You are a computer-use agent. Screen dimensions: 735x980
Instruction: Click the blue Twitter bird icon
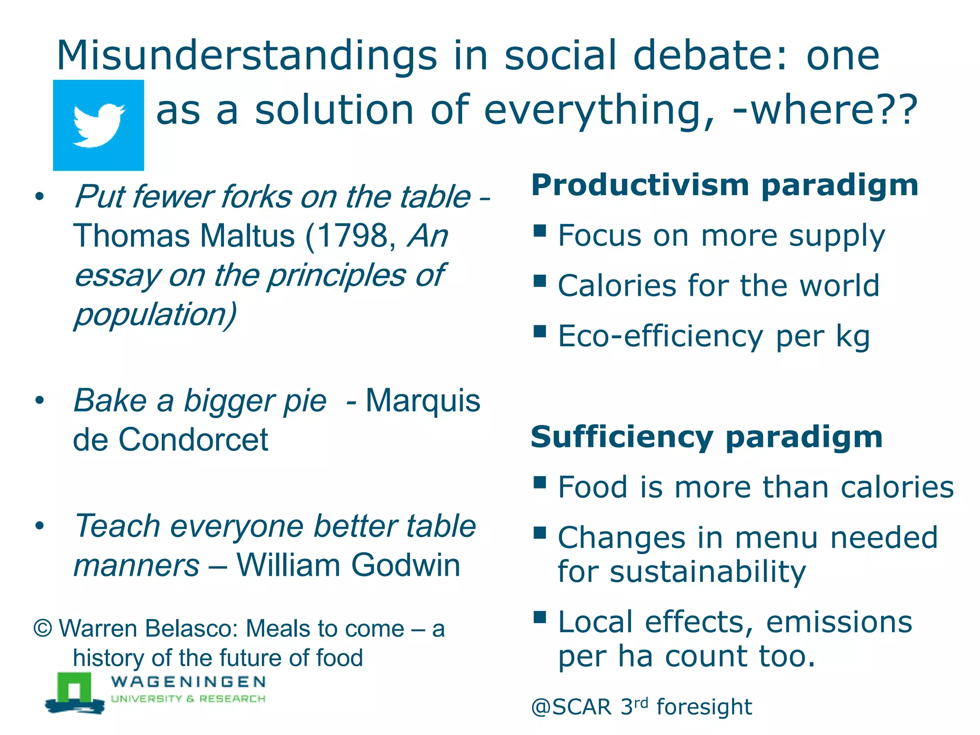click(x=98, y=125)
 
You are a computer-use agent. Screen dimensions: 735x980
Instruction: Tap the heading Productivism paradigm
click(x=724, y=186)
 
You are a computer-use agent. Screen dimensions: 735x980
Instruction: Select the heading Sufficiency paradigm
click(x=706, y=437)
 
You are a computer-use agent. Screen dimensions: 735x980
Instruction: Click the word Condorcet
click(x=193, y=440)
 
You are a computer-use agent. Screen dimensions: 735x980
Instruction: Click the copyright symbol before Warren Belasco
click(x=43, y=629)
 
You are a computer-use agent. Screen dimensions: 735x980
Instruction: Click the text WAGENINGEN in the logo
click(x=188, y=681)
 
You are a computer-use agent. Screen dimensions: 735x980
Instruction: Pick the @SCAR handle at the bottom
click(x=571, y=707)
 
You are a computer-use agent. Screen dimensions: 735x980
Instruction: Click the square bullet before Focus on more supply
click(x=540, y=231)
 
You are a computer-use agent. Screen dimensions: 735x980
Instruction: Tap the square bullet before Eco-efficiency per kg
click(x=540, y=331)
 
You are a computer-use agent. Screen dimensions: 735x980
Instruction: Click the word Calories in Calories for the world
click(x=617, y=286)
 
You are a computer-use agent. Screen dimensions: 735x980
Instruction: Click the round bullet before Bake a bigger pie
click(x=39, y=401)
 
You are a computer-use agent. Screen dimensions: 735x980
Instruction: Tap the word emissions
click(x=839, y=622)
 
